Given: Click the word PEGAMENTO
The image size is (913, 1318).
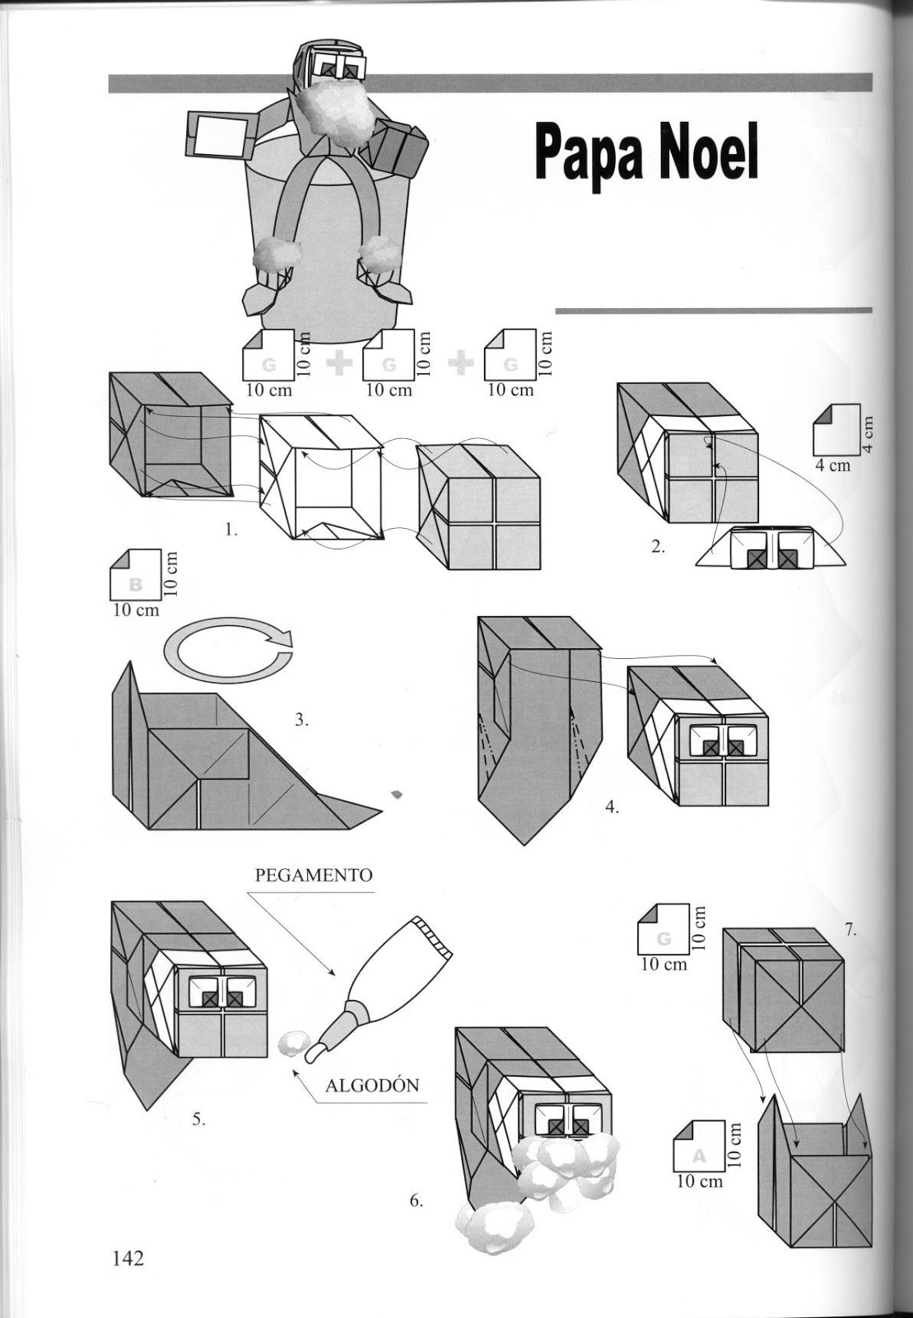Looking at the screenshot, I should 314,875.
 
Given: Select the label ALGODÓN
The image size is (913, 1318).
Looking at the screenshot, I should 372,1085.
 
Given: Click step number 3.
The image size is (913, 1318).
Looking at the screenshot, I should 301,719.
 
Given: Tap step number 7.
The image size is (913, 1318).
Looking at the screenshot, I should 850,931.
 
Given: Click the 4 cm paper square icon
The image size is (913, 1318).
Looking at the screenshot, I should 835,427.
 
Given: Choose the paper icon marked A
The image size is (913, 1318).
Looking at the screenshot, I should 699,1146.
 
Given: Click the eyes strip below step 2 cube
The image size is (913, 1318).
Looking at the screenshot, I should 769,549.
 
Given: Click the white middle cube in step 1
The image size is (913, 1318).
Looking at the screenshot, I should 321,478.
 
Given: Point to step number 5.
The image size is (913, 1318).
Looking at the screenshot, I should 198,1119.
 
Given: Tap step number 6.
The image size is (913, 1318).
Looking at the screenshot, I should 417,1200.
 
